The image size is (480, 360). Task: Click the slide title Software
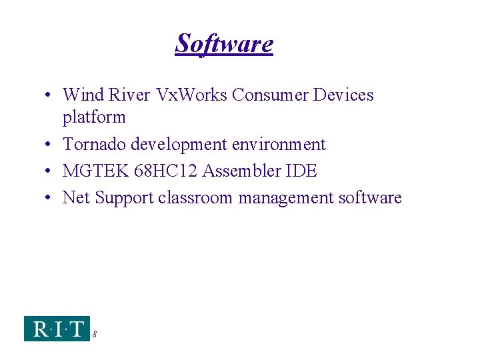[224, 44]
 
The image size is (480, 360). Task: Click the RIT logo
[57, 329]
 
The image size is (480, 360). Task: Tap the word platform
[94, 118]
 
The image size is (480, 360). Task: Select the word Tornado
[94, 144]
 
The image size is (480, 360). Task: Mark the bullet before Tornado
[50, 145]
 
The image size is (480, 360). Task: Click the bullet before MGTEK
[50, 171]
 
